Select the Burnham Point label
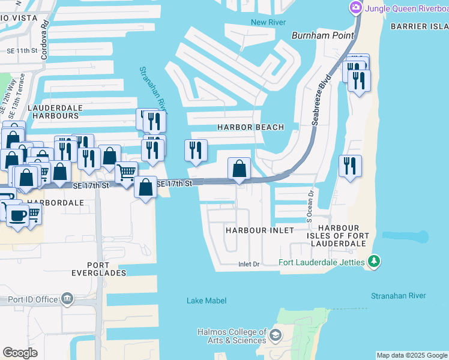point(322,35)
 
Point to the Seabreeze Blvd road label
point(321,100)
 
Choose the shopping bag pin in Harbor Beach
point(239,169)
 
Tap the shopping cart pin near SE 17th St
point(126,173)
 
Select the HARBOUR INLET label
point(260,230)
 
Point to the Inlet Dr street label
point(248,264)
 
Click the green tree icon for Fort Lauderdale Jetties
point(374,261)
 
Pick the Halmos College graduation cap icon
point(276,334)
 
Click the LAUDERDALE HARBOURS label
point(55,112)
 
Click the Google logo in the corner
point(20,353)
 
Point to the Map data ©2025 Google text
point(411,355)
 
